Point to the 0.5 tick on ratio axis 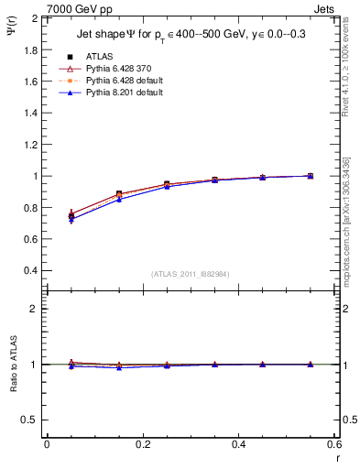(29, 420)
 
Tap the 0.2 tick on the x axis (142, 444)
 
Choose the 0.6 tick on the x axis (334, 444)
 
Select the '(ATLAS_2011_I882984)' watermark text (191, 274)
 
